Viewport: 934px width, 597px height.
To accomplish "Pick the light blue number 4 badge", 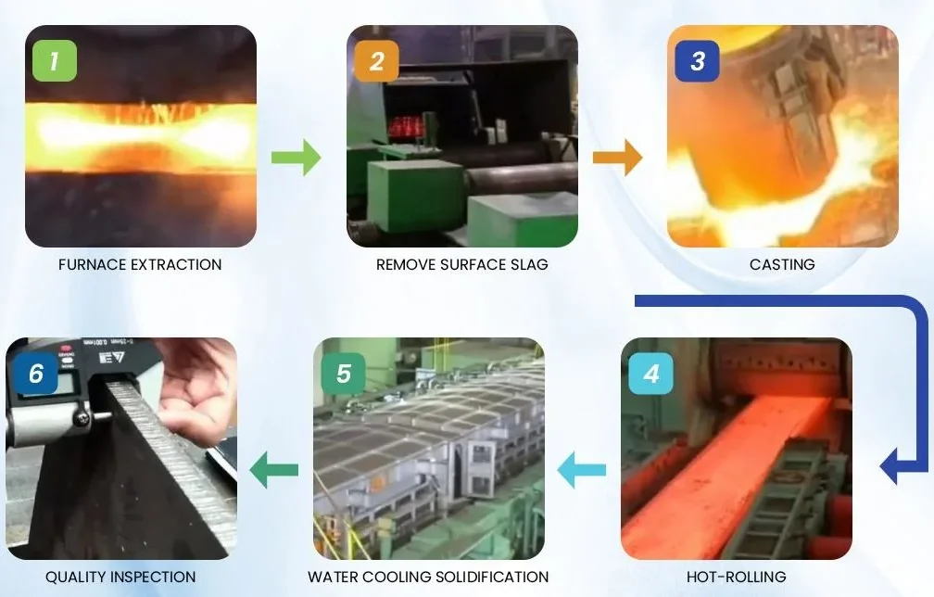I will (651, 374).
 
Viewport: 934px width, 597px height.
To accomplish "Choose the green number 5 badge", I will (344, 374).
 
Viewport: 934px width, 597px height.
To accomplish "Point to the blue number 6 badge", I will (36, 374).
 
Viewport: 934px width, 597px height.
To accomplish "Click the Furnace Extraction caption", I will (140, 264).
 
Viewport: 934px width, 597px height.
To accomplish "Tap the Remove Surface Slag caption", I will (461, 264).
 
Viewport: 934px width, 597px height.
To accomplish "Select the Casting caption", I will (782, 264).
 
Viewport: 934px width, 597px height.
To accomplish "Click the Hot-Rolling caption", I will (736, 577).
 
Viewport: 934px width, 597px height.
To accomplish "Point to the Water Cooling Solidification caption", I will (428, 577).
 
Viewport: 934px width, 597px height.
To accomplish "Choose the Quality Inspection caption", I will (120, 577).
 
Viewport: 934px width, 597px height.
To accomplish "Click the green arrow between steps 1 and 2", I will (296, 157).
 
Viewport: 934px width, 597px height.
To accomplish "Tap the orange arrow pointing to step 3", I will (617, 157).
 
